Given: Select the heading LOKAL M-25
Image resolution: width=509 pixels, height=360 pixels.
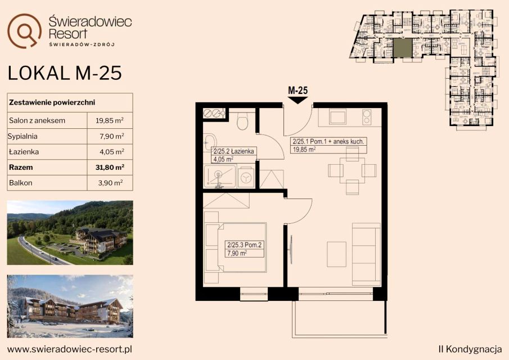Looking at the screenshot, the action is tap(65, 73).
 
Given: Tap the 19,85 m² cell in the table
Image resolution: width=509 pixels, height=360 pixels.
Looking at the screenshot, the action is tap(110, 120).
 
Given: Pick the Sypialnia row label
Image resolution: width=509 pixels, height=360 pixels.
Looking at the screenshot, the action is tap(22, 136).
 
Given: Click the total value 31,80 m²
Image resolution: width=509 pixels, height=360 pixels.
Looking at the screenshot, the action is tap(110, 168).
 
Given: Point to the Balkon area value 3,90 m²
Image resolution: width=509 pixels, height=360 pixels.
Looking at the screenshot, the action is tap(110, 183).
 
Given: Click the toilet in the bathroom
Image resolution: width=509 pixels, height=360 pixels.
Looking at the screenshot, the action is tap(242, 120).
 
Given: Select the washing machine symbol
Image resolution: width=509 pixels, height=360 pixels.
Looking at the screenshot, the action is tap(246, 177).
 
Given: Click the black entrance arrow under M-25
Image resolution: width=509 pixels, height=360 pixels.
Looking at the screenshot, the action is tap(298, 100).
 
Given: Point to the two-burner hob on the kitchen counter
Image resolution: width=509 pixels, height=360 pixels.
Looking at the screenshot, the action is tap(367, 117).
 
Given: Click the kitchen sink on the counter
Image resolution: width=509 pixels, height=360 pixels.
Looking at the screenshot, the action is tap(337, 116).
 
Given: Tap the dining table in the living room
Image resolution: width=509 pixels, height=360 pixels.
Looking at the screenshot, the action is tap(352, 170).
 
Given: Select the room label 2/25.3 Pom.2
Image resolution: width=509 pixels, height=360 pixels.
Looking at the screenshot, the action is tap(244, 245).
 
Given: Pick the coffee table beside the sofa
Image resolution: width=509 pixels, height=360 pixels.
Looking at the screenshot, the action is tap(337, 254).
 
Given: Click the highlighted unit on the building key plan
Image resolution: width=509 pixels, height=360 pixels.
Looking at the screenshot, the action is tap(403, 48).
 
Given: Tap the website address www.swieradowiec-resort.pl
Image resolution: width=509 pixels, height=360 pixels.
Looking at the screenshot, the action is tap(70, 349).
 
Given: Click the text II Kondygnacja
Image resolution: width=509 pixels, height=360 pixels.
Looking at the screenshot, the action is tap(470, 349).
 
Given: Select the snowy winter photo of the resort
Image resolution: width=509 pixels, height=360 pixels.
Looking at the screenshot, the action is tap(70, 306).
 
